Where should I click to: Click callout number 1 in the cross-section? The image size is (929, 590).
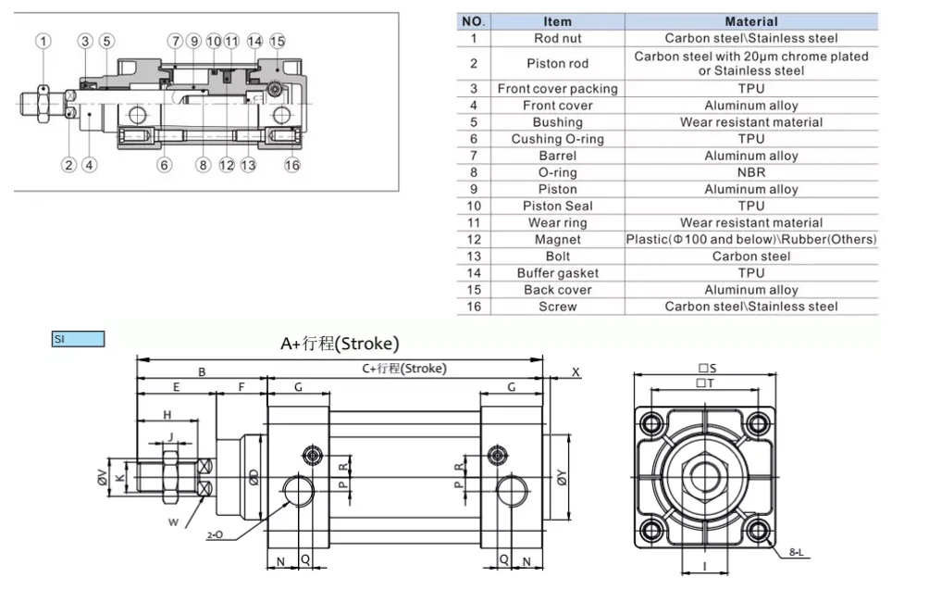pos(43,40)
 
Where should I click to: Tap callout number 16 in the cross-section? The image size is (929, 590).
pos(292,165)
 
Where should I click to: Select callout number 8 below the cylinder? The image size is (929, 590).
pos(204,165)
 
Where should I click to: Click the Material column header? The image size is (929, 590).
pos(750,21)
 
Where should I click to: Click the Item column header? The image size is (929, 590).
pos(557,21)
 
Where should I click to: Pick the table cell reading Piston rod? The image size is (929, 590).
pos(557,63)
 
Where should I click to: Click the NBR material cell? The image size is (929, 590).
pos(750,172)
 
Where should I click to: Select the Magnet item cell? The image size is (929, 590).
pos(557,239)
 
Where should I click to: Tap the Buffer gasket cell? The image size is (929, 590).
pos(557,272)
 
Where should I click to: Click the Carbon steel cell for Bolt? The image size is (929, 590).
pos(750,256)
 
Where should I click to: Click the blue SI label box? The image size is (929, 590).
pos(79,340)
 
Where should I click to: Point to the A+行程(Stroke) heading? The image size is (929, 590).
pos(340,344)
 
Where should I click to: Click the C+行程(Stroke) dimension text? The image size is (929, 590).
pos(403,369)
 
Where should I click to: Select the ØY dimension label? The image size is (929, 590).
pos(562,478)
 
